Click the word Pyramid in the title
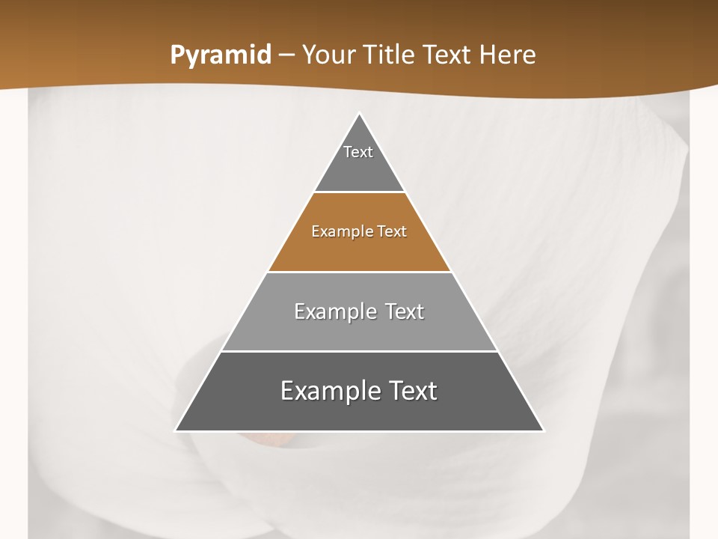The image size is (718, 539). pyautogui.click(x=221, y=55)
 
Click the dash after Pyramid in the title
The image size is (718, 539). pyautogui.click(x=286, y=55)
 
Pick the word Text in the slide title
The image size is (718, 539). pyautogui.click(x=448, y=55)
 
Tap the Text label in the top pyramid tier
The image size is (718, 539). pyautogui.click(x=358, y=152)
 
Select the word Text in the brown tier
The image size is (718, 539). pyautogui.click(x=393, y=231)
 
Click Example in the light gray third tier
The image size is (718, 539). pyautogui.click(x=333, y=311)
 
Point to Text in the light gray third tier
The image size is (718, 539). pyautogui.click(x=405, y=311)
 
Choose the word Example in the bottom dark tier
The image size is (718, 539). pyautogui.click(x=328, y=391)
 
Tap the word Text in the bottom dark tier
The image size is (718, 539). pyautogui.click(x=413, y=391)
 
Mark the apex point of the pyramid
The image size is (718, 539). pyautogui.click(x=360, y=114)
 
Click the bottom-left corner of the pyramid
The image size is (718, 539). pyautogui.click(x=177, y=430)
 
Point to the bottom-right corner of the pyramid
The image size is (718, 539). pyautogui.click(x=543, y=430)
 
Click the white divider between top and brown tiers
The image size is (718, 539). pyautogui.click(x=360, y=192)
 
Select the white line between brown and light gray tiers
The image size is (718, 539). pyautogui.click(x=360, y=272)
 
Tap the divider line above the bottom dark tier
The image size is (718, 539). pyautogui.click(x=360, y=351)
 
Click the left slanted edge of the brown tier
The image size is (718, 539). pyautogui.click(x=291, y=232)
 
